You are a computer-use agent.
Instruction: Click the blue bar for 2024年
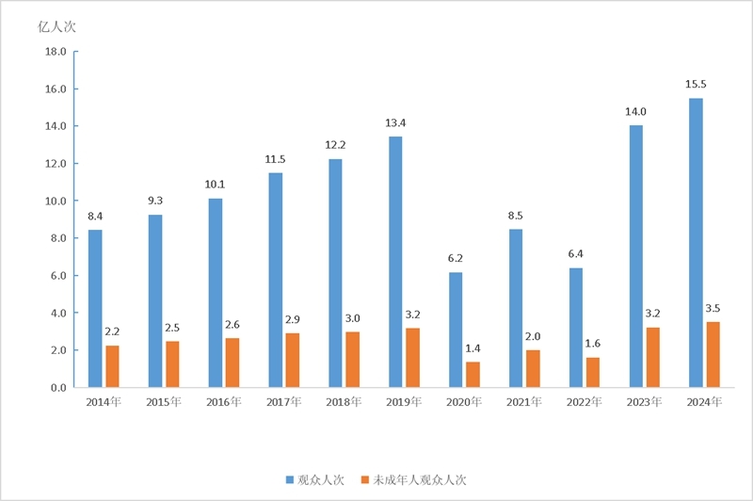[696, 243]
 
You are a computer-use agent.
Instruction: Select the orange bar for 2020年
[473, 374]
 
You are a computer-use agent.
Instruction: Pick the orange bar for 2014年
[113, 366]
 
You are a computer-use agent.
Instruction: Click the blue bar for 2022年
[575, 328]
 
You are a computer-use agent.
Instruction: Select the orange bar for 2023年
[652, 357]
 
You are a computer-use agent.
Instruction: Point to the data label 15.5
[697, 85]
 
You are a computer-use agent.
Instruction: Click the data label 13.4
[395, 123]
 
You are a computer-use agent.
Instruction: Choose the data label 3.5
[713, 309]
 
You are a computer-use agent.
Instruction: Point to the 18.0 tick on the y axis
[55, 52]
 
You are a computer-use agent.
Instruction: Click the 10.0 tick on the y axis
[55, 201]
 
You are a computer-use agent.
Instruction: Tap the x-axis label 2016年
[224, 402]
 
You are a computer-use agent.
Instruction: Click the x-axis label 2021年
[524, 402]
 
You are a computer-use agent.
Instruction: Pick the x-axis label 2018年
[344, 402]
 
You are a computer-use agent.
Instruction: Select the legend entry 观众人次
[317, 479]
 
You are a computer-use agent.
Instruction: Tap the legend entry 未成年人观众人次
[419, 479]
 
